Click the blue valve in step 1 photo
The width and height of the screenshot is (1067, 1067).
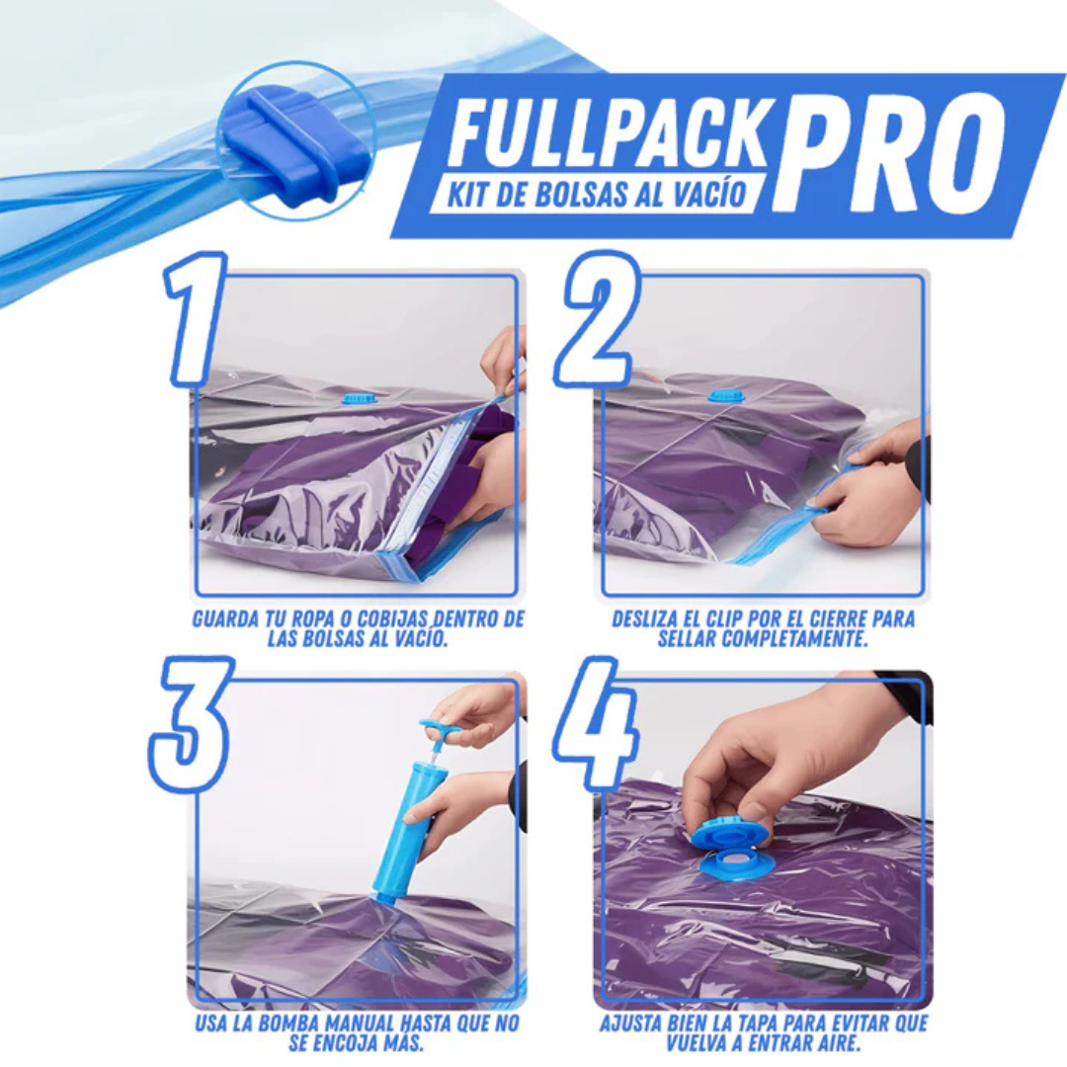click(x=356, y=397)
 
